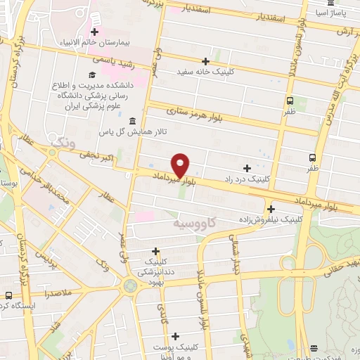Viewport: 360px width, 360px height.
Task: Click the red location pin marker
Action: (x=181, y=165)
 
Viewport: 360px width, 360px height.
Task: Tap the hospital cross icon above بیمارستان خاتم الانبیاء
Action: (x=94, y=32)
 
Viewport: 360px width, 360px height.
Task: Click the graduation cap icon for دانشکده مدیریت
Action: (x=91, y=75)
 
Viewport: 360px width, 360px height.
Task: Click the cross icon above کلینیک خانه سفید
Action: (x=205, y=61)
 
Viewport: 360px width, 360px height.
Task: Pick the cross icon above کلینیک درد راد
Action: (x=246, y=168)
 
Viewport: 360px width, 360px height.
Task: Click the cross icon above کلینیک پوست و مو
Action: (x=175, y=337)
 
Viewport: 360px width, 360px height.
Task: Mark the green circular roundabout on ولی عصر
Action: (x=129, y=285)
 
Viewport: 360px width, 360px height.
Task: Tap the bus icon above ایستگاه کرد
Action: (x=8, y=295)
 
